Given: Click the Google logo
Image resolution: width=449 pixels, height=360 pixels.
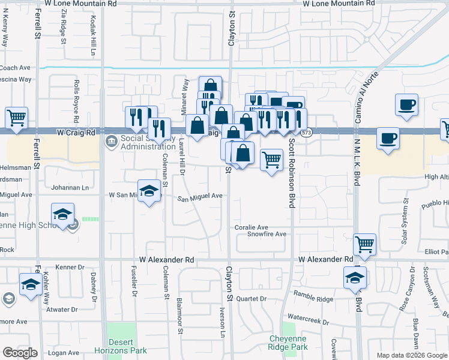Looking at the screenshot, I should coord(20,353).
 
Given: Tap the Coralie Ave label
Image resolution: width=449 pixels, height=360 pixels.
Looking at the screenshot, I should coord(251,227).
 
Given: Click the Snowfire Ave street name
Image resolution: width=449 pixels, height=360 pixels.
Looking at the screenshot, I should coord(267,234).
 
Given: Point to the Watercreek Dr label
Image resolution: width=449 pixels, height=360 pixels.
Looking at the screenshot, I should coord(309,322).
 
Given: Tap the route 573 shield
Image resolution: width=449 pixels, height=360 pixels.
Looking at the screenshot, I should coord(307,132).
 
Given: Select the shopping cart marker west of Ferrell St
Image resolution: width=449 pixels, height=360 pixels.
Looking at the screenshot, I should coord(17,117).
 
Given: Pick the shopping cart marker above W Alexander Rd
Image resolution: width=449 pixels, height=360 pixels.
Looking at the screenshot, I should coord(365,244).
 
